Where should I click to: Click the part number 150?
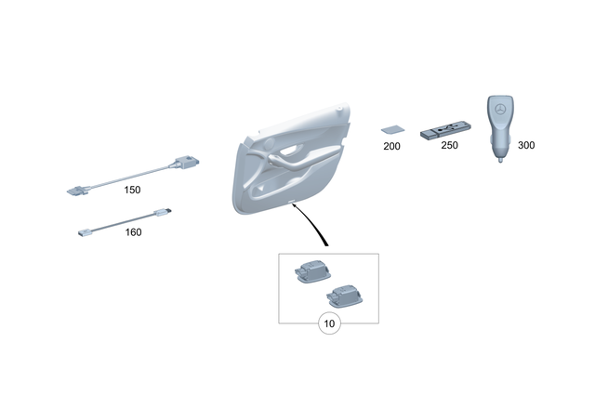click(132, 190)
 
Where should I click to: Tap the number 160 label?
click(133, 232)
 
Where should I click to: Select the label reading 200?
click(390, 147)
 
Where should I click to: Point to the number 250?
click(450, 147)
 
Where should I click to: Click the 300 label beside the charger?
click(525, 146)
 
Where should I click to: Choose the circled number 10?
click(329, 323)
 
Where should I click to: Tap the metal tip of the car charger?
click(500, 162)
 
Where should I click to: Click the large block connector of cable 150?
click(186, 165)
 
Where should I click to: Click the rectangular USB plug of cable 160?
click(84, 231)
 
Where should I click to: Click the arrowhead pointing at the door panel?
click(296, 207)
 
